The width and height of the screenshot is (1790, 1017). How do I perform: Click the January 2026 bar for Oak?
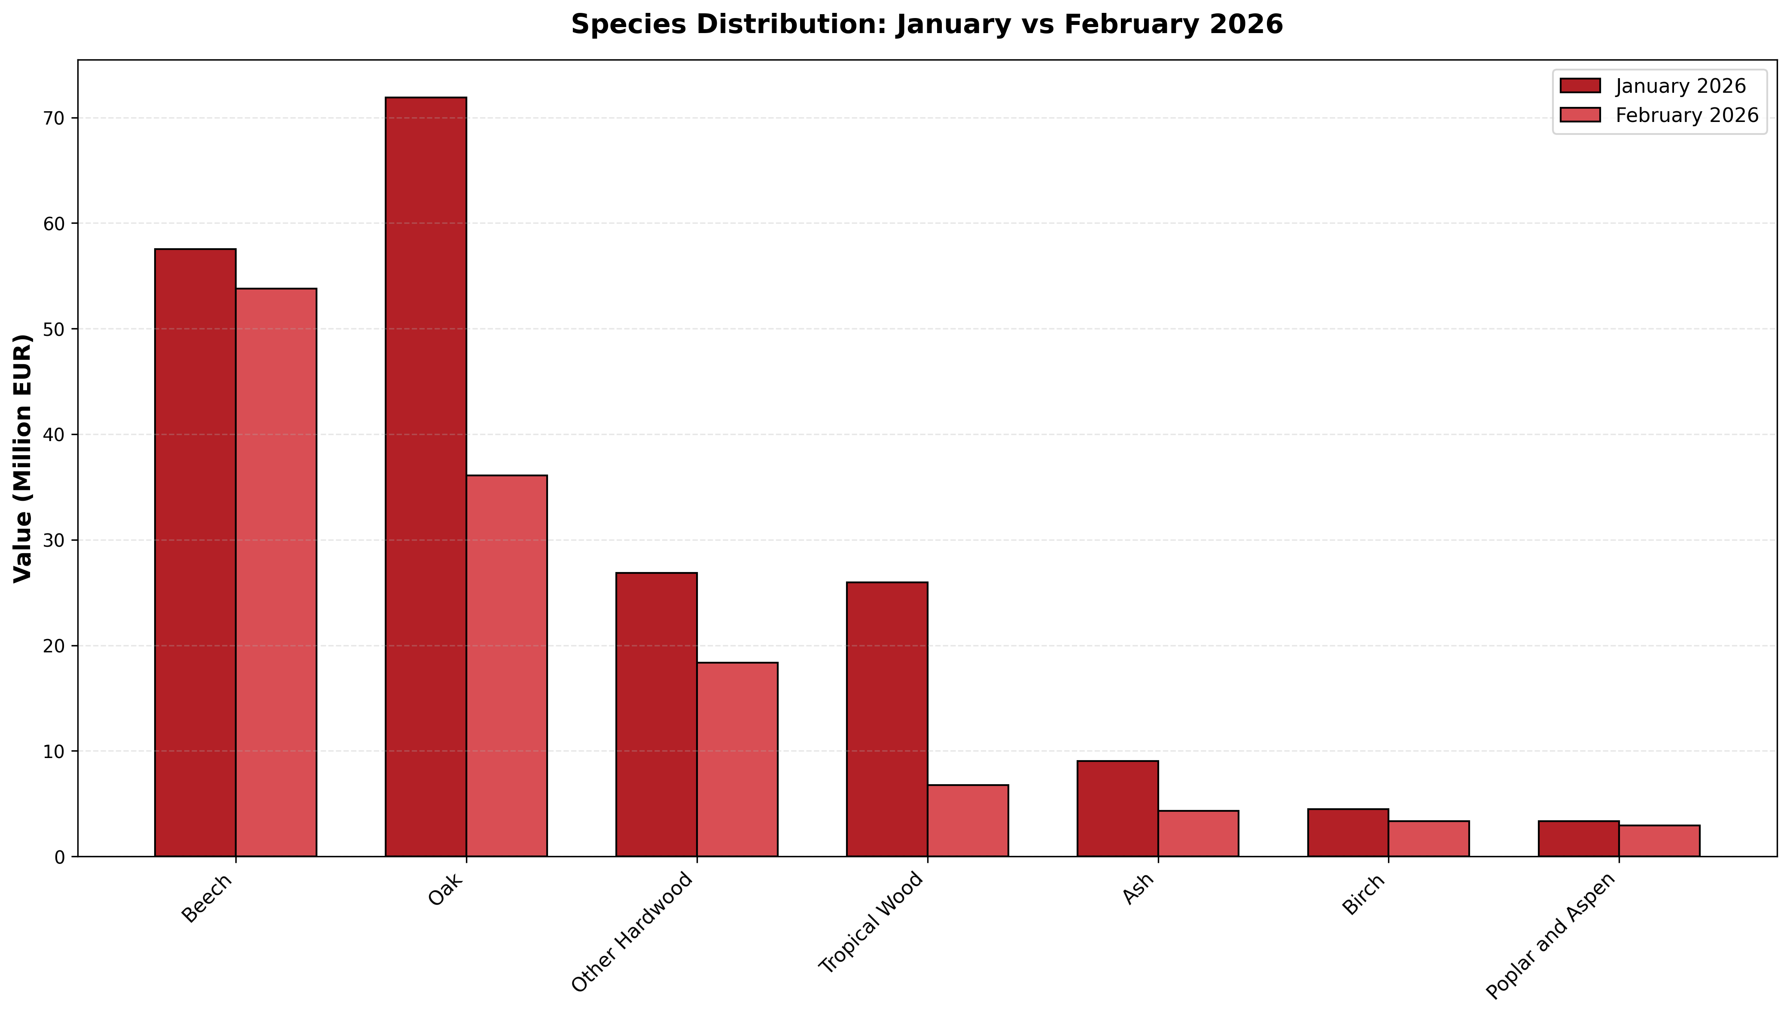426,477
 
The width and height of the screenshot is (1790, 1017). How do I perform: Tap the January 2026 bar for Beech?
195,552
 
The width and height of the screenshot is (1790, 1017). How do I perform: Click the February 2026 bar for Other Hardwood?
737,760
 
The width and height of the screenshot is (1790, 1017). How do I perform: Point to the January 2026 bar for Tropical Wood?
887,719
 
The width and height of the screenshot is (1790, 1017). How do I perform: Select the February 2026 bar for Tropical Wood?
968,821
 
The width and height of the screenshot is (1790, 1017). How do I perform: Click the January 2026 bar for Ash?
1117,809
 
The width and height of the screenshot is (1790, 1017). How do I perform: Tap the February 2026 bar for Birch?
1429,839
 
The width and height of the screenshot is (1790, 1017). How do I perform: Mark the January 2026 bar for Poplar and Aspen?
1578,839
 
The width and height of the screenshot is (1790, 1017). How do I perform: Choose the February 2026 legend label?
1686,115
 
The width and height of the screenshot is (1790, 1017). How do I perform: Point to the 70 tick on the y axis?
73,118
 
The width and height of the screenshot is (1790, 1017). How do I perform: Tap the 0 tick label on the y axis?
59,857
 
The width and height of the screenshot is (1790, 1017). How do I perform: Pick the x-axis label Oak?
446,889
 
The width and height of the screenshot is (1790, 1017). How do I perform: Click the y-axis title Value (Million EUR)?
23,458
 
